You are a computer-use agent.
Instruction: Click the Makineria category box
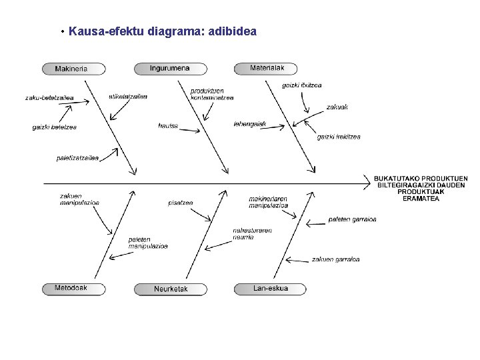pos(73,69)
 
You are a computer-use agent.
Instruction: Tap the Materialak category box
pos(267,68)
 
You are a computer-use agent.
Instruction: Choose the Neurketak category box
pos(171,289)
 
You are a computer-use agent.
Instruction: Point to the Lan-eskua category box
pos(271,289)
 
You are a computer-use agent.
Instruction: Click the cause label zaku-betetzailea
pos(49,99)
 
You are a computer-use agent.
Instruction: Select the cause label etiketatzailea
pos(128,96)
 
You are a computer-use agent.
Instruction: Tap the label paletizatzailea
pos(77,158)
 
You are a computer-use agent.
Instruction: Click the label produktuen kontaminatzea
pos(211,94)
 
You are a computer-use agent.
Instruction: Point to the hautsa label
pos(168,125)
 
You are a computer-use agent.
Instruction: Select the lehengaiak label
pos(249,123)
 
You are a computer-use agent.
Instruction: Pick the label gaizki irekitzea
pos(338,137)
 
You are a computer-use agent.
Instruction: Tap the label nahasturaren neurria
pos(252,233)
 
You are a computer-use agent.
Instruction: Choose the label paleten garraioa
pos(352,219)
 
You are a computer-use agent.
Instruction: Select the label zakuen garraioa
pos(335,259)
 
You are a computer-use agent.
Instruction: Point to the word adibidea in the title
pos(233,31)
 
